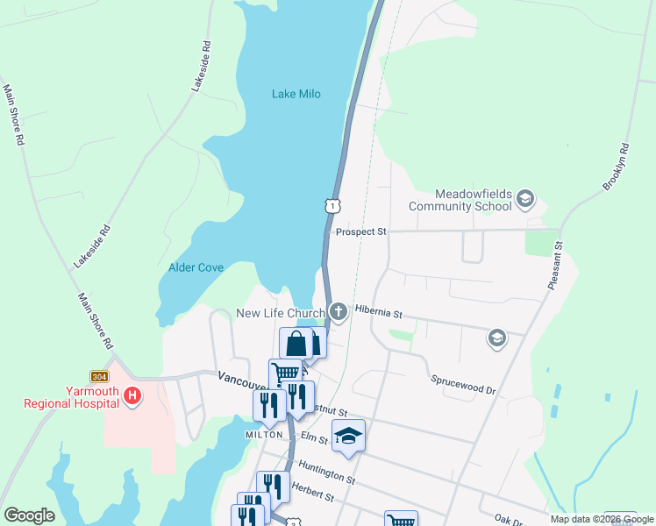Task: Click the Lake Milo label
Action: click(296, 94)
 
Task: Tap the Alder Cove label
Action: click(196, 267)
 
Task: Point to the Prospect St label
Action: click(360, 232)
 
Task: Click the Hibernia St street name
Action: click(378, 313)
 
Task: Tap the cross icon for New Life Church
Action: click(339, 312)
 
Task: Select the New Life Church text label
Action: click(281, 313)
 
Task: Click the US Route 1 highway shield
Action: click(330, 205)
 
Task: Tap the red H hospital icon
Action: click(132, 396)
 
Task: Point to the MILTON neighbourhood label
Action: click(264, 435)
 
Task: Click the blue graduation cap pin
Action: click(348, 436)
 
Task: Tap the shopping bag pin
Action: click(296, 343)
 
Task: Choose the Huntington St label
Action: click(325, 474)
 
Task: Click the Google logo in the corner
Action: click(29, 515)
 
